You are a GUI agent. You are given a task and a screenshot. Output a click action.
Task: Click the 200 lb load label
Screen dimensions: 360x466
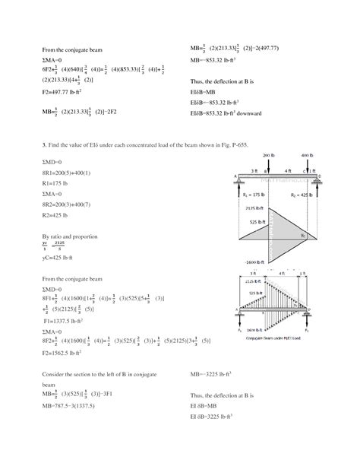coord(269,155)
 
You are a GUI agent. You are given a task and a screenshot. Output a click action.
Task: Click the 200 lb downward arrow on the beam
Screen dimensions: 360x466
coord(269,166)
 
